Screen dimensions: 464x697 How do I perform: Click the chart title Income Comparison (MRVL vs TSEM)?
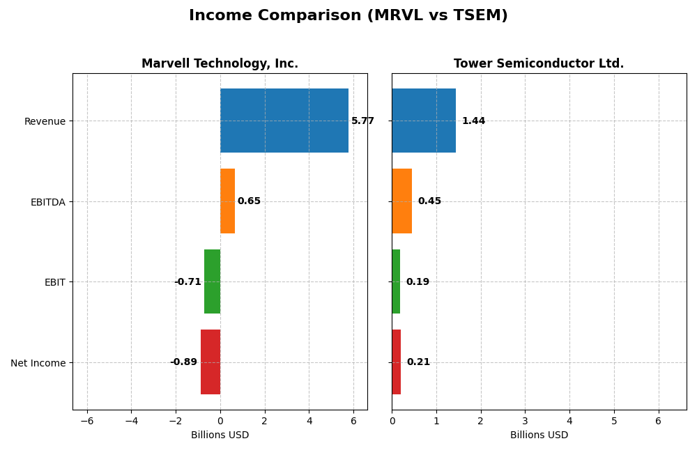coord(348,16)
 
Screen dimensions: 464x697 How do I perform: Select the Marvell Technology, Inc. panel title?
coord(220,64)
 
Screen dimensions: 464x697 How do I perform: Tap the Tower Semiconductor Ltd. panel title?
coord(539,64)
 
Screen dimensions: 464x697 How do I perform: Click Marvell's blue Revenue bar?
coord(284,121)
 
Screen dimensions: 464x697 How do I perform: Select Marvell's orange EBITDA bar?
coord(227,201)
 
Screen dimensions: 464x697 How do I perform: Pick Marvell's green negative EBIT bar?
coord(212,281)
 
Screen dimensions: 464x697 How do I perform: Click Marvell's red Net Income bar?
coord(210,362)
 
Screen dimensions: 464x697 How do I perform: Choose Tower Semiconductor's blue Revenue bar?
coord(424,121)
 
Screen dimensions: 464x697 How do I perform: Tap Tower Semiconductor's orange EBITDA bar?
coord(401,201)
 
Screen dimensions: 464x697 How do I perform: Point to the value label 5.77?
coord(362,121)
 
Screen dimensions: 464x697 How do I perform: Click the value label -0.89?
coord(184,362)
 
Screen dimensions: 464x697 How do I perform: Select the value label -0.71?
coord(187,282)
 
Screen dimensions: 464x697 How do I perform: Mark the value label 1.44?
coord(473,121)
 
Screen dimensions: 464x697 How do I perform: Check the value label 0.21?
coord(418,362)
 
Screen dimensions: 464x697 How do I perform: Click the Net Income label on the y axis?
coord(38,363)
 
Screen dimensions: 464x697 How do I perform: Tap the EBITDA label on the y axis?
coord(48,202)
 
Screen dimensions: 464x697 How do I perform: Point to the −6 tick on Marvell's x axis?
coord(87,421)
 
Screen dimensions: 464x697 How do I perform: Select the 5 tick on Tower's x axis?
coord(614,421)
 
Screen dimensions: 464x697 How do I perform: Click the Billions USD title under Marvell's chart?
coord(220,435)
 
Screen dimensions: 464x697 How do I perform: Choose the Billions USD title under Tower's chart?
coord(539,435)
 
